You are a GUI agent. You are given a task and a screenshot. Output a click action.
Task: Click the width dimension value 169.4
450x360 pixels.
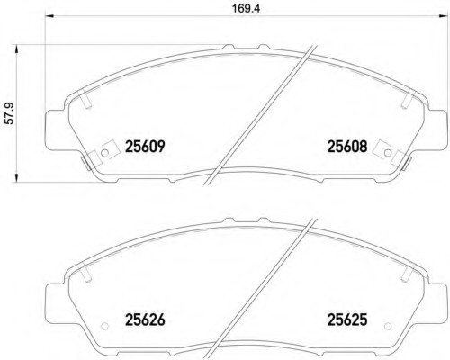tap(246, 8)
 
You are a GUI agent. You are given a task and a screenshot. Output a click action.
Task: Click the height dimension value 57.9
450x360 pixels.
tap(10, 113)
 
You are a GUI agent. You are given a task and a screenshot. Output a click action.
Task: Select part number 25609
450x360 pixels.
tap(145, 147)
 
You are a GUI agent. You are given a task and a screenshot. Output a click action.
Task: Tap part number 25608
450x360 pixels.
tap(347, 147)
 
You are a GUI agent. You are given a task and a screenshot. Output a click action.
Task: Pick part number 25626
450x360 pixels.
tap(145, 319)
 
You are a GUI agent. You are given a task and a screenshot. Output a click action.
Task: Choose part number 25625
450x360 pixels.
tap(347, 319)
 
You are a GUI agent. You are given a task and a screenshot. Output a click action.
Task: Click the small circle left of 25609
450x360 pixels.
tap(104, 153)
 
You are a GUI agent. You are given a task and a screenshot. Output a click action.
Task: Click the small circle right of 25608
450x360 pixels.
tap(388, 153)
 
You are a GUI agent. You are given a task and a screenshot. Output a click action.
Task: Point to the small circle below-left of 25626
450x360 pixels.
tap(104, 326)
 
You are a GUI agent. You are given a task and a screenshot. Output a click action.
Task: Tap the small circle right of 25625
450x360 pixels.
tap(388, 326)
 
